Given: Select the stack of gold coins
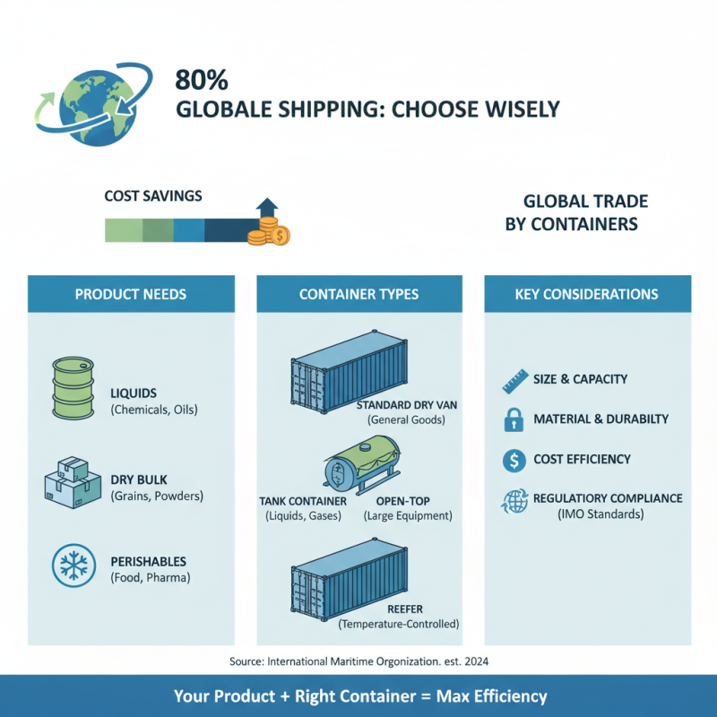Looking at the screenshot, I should click(x=268, y=236).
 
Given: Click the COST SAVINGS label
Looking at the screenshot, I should click(x=153, y=195).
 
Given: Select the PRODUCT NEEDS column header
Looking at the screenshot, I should click(x=131, y=294).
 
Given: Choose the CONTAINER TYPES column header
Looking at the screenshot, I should click(x=358, y=294).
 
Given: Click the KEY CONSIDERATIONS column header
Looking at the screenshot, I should click(x=587, y=294).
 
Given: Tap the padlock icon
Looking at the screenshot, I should click(x=514, y=419).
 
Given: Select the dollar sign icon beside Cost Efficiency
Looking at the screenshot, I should click(x=514, y=461).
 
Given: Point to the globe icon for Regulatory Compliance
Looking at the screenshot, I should click(x=514, y=502).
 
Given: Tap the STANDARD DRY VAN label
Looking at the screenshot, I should click(x=407, y=405).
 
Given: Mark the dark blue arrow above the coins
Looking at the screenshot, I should click(x=267, y=212).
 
